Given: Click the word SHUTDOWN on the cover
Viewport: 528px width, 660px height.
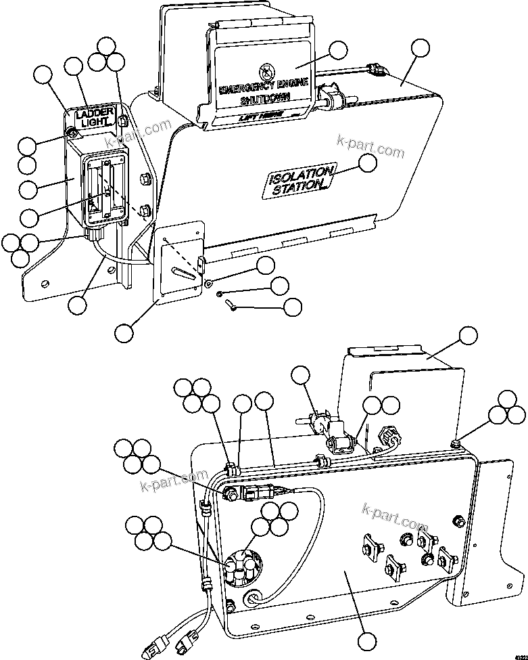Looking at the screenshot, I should click(x=264, y=100).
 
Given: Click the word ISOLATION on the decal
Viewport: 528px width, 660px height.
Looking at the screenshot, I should click(x=302, y=175).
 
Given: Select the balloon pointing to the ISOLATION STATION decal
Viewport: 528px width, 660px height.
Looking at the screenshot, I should click(x=368, y=162).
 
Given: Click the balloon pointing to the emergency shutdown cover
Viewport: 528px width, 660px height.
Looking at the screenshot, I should click(x=337, y=50).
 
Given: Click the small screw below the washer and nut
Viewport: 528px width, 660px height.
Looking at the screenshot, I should click(x=231, y=305).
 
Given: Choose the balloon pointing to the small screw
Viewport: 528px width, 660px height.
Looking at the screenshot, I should click(x=292, y=307).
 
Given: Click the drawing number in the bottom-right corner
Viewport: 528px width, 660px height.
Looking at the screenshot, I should click(x=519, y=655).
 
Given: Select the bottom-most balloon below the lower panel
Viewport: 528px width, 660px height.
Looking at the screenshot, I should click(x=367, y=640).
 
